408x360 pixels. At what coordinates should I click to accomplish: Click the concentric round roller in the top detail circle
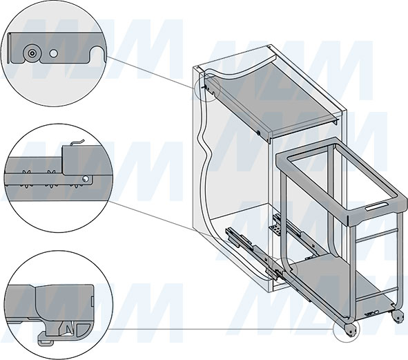click(x=32, y=53)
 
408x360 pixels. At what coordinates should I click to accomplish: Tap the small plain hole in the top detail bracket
click(x=54, y=53)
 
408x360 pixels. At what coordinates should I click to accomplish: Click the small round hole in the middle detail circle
click(x=85, y=179)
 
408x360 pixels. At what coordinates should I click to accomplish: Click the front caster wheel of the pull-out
click(x=351, y=330)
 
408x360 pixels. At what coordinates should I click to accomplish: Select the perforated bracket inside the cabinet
click(x=275, y=230)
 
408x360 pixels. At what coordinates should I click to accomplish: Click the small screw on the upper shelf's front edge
click(x=258, y=133)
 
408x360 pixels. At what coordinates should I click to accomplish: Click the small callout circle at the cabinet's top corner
click(x=207, y=88)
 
